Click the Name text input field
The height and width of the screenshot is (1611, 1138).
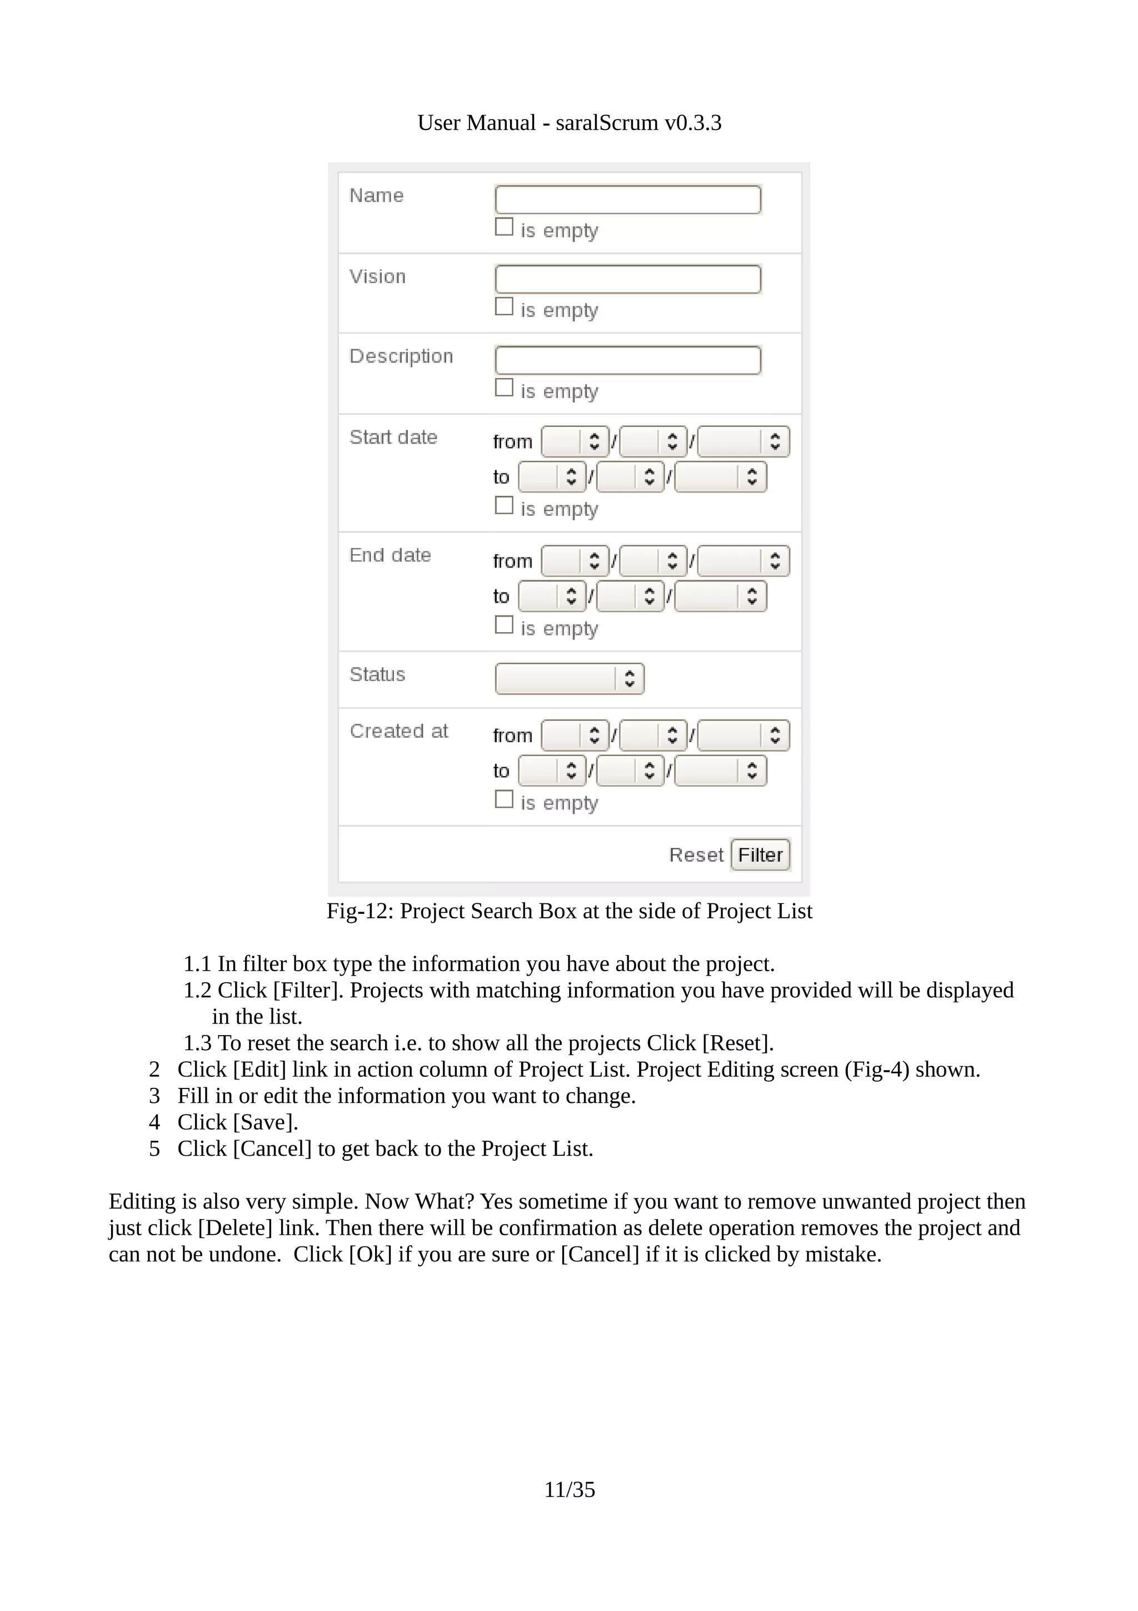coord(627,199)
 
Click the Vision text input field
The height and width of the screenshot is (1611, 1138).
coord(627,279)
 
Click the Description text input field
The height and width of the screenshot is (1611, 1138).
coord(627,360)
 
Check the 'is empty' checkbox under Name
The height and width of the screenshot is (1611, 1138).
coord(503,227)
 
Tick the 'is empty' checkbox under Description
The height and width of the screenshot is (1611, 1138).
coord(503,387)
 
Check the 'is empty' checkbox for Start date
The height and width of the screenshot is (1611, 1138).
coord(503,505)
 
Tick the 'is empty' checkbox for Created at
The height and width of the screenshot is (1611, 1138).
coord(503,799)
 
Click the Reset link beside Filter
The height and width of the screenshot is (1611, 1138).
coord(696,854)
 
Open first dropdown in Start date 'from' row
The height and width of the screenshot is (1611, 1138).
coord(574,441)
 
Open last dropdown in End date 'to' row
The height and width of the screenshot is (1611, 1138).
coord(720,596)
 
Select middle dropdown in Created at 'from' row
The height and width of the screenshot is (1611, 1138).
coord(653,735)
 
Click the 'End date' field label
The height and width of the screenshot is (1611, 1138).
coord(390,555)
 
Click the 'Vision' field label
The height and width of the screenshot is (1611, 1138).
coord(377,276)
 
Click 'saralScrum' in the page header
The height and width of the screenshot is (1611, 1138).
coord(607,123)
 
